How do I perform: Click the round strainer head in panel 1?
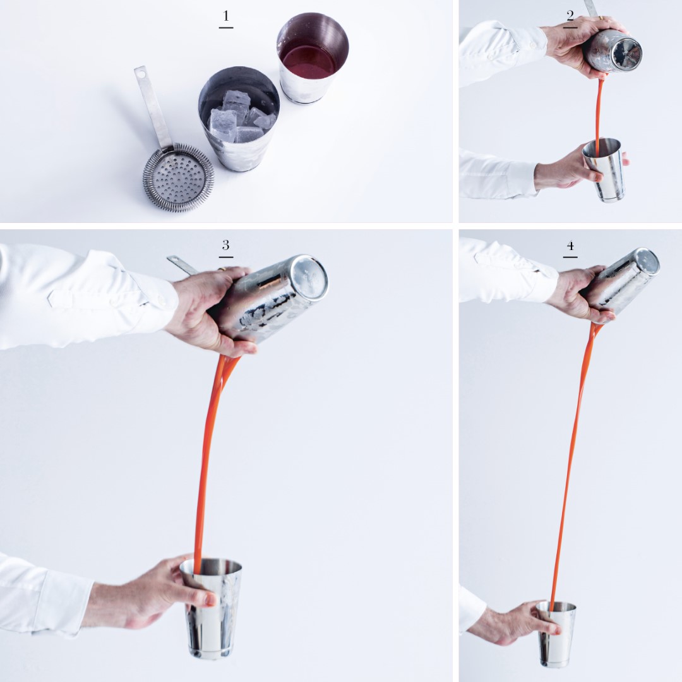pyautogui.click(x=178, y=177)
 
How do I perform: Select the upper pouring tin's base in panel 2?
pyautogui.click(x=625, y=53)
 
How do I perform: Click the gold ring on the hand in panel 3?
pyautogui.click(x=222, y=269)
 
